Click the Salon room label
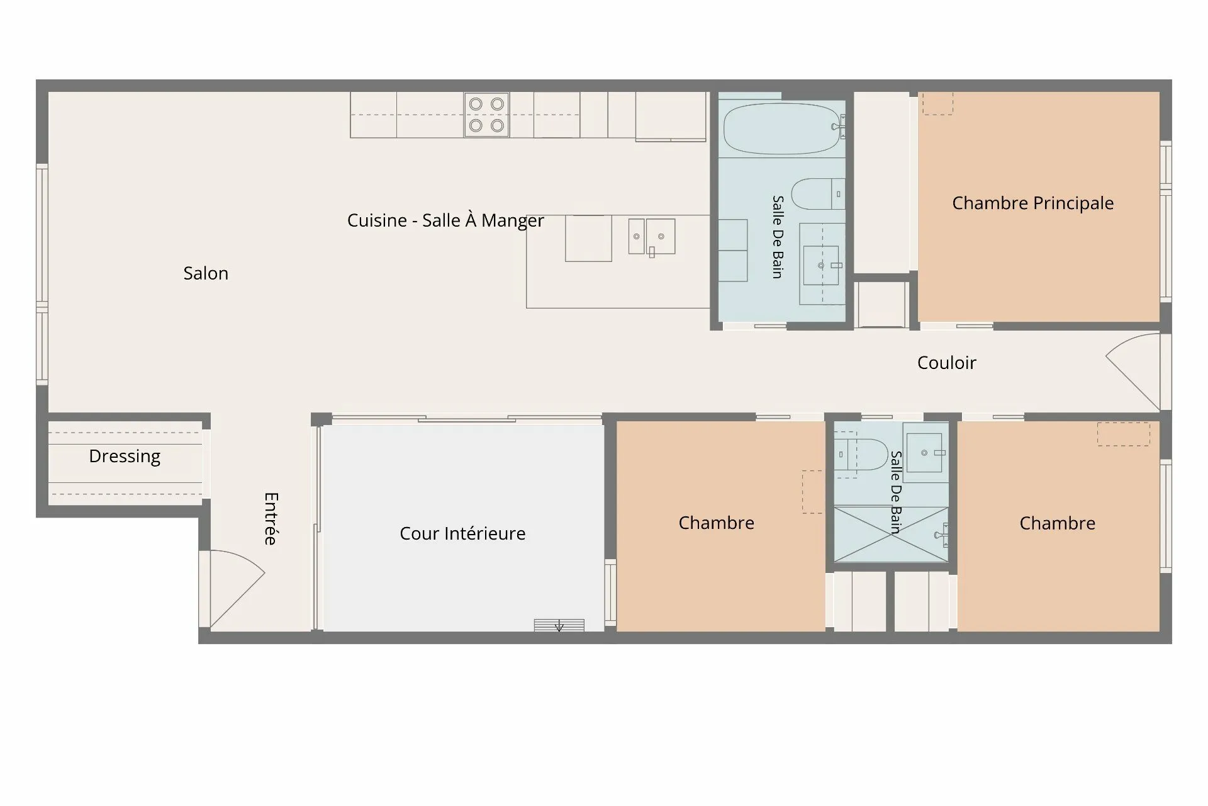pos(206,273)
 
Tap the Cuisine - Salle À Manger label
pos(445,220)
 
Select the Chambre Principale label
pos(1032,203)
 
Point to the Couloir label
pos(946,363)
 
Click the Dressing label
pos(125,457)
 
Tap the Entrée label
pos(271,518)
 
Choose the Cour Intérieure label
pos(462,533)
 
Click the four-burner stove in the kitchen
pos(486,115)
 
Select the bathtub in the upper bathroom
pos(781,128)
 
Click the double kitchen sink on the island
pos(652,236)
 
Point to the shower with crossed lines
pos(891,534)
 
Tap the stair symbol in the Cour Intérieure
pos(559,625)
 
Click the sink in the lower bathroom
pos(926,453)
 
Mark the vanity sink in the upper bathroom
pos(822,265)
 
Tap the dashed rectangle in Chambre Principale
pos(937,104)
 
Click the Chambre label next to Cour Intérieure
pos(716,523)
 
